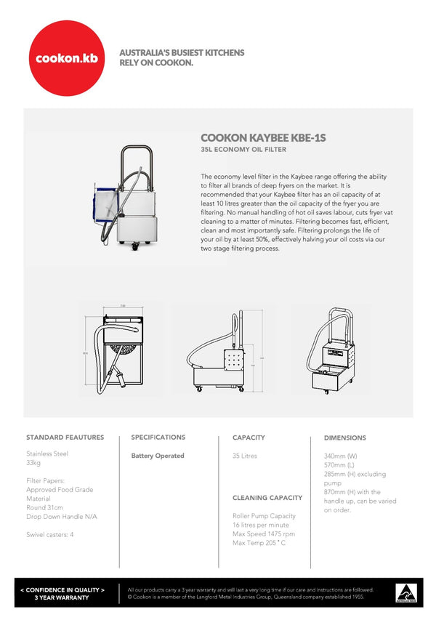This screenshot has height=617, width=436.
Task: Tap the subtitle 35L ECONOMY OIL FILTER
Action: click(243, 150)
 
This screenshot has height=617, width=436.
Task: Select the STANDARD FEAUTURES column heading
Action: click(65, 437)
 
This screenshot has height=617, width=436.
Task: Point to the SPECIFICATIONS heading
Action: click(158, 437)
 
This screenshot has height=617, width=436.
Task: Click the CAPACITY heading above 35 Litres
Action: click(249, 437)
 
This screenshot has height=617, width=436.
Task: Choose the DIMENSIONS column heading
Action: click(344, 437)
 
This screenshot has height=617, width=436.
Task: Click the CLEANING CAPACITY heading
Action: click(267, 498)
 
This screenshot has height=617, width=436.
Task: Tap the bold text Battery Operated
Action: click(158, 456)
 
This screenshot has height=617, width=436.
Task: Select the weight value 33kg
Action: click(34, 463)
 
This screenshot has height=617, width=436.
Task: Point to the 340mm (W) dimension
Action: click(340, 456)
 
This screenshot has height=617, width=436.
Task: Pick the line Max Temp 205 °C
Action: click(259, 543)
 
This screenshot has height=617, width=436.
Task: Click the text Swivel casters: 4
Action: click(50, 534)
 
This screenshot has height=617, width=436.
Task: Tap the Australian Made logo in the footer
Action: click(405, 592)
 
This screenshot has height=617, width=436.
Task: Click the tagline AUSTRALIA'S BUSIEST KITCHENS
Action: click(182, 53)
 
